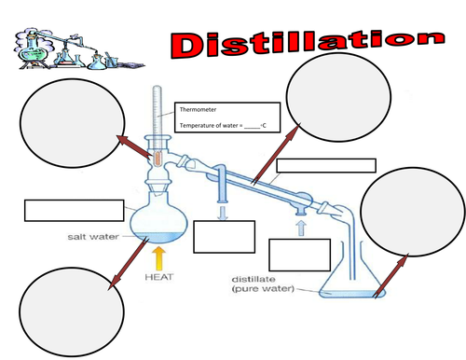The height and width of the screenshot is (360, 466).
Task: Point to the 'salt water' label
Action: (x=90, y=237)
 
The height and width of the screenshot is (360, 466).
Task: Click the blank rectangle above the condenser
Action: (x=326, y=166)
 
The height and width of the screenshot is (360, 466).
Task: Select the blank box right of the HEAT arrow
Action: (x=224, y=236)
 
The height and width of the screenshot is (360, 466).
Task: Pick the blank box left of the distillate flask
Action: (x=299, y=255)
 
